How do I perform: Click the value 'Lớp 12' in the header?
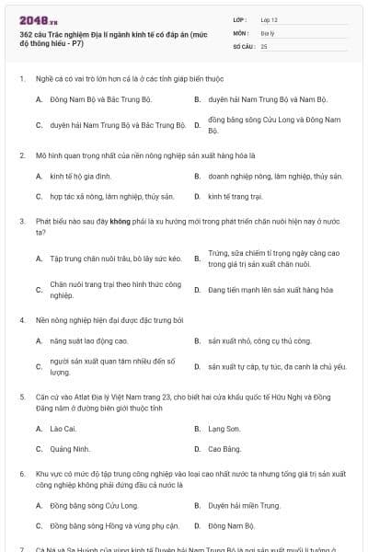[x=270, y=18]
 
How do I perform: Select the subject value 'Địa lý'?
[x=268, y=31]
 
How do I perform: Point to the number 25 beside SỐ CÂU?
[x=264, y=45]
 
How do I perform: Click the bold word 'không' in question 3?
[x=121, y=222]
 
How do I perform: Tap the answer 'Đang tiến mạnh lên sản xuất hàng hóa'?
[x=270, y=290]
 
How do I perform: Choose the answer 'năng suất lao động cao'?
[x=89, y=341]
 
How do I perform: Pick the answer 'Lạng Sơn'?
[x=224, y=429]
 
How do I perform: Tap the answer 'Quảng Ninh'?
[x=71, y=449]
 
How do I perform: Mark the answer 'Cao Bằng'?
[x=224, y=449]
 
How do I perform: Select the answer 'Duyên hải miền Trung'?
[x=244, y=505]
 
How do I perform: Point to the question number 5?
[x=21, y=396]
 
